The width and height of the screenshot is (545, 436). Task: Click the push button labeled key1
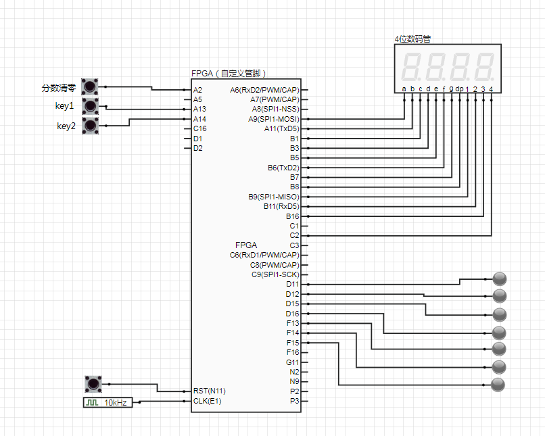click(90, 106)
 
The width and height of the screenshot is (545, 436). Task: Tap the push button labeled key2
click(90, 126)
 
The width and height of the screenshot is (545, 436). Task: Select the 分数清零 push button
click(90, 87)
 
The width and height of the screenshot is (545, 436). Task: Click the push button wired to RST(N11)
click(93, 384)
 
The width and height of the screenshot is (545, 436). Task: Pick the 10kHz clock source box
click(108, 402)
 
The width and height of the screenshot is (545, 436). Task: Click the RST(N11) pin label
click(209, 391)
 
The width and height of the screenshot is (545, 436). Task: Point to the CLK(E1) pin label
click(207, 401)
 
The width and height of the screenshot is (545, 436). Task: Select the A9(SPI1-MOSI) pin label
click(274, 119)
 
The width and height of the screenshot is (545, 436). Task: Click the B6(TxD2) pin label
click(283, 168)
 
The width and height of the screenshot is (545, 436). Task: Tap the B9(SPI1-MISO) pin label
click(274, 197)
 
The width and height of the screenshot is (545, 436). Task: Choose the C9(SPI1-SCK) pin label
click(275, 275)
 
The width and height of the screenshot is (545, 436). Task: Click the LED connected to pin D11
click(500, 279)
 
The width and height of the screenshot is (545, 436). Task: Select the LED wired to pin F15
click(498, 385)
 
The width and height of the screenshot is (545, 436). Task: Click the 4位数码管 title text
click(412, 39)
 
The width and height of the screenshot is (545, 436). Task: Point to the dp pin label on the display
click(459, 89)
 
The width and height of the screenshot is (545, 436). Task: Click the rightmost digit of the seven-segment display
click(485, 67)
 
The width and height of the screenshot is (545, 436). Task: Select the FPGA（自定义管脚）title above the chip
click(229, 73)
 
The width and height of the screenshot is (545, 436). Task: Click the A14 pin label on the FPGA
click(199, 119)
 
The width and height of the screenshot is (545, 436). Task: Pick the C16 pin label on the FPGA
click(200, 129)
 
